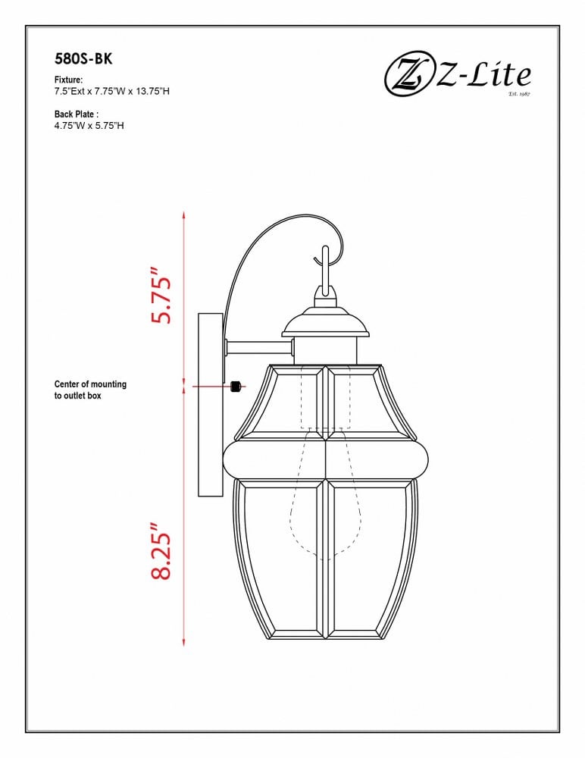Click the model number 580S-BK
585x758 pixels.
click(83, 59)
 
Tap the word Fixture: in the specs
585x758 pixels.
click(69, 80)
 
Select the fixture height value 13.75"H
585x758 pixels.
click(152, 91)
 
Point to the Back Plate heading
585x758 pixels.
click(77, 114)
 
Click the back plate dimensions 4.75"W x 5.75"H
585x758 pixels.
click(89, 126)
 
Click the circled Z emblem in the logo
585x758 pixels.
click(408, 77)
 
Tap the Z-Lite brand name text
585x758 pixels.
click(483, 76)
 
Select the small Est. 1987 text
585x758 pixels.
click(519, 94)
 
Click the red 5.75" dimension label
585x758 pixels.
click(161, 294)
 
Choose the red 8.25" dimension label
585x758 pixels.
click(161, 550)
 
